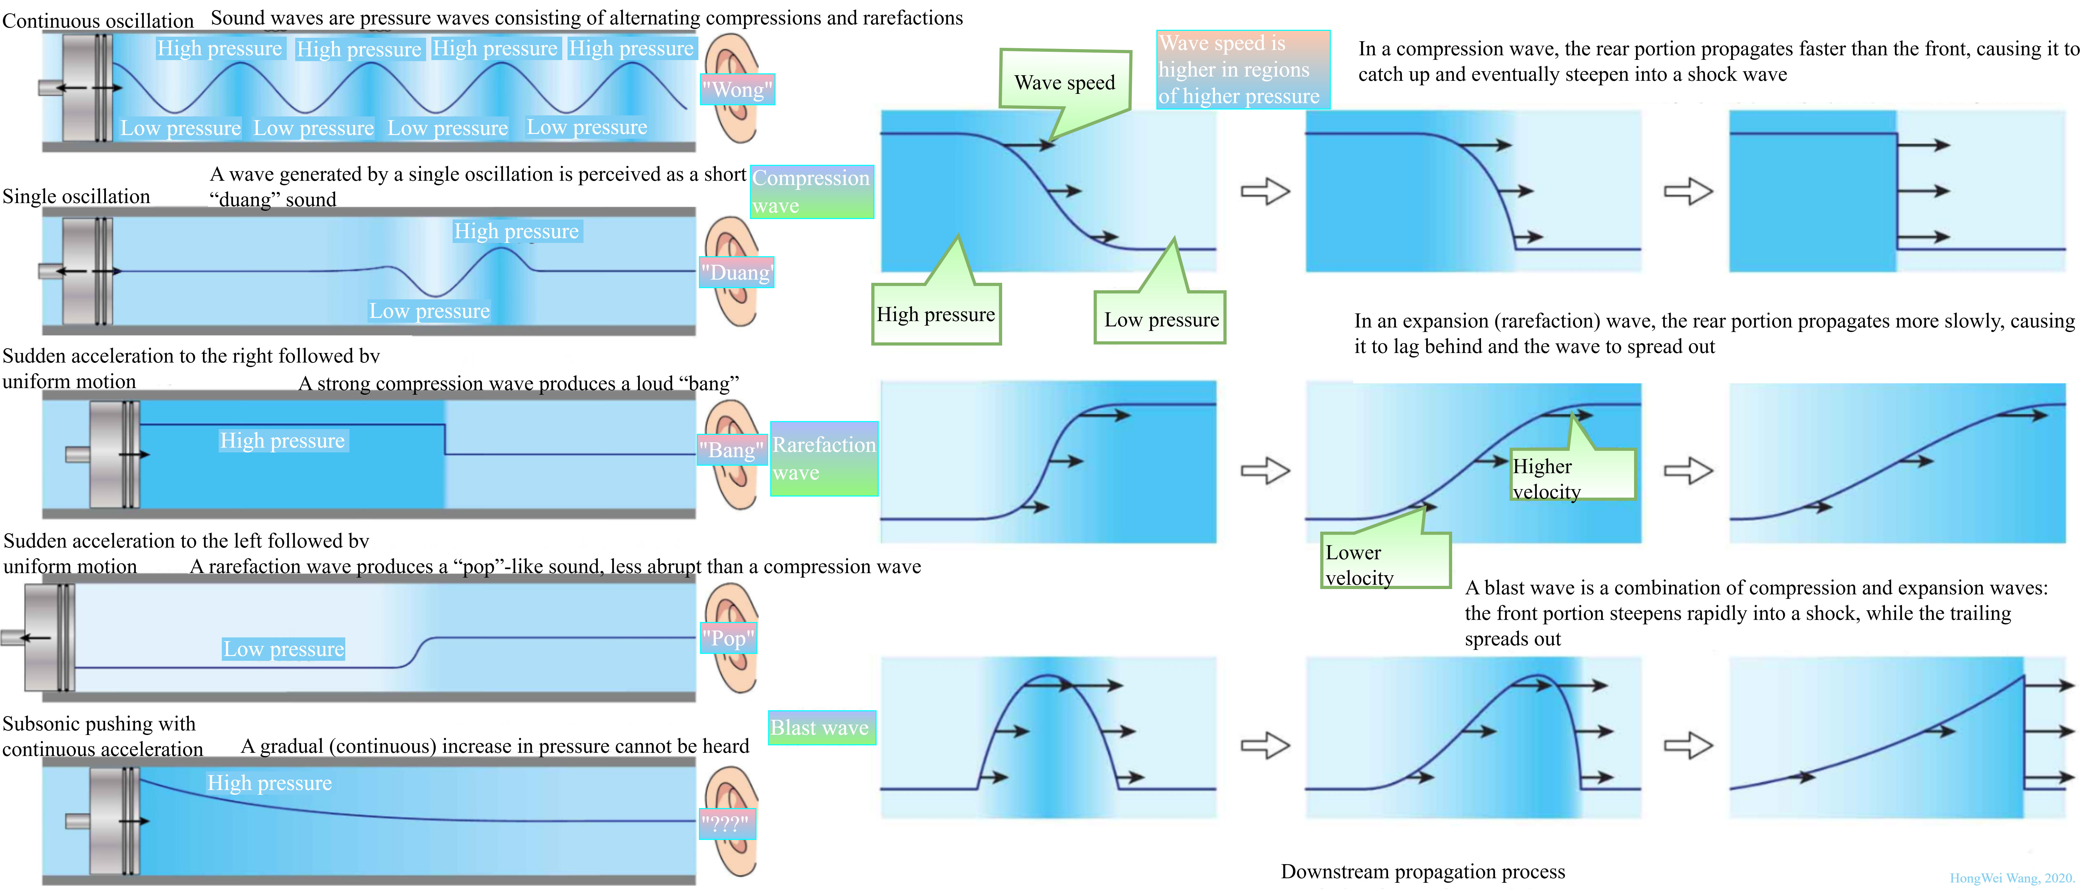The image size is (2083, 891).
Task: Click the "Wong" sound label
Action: tap(737, 89)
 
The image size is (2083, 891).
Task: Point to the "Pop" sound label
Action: tap(728, 638)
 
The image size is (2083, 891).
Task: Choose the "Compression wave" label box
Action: tap(812, 192)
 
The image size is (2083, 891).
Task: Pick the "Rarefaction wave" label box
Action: tap(823, 459)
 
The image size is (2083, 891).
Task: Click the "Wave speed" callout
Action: tap(1064, 82)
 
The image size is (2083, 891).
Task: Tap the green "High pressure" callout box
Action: tap(936, 314)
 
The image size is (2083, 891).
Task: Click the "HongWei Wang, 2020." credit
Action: tap(2012, 878)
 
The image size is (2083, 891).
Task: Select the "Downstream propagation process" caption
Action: tap(1422, 872)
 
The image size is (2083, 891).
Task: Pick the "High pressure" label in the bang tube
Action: tap(282, 441)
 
